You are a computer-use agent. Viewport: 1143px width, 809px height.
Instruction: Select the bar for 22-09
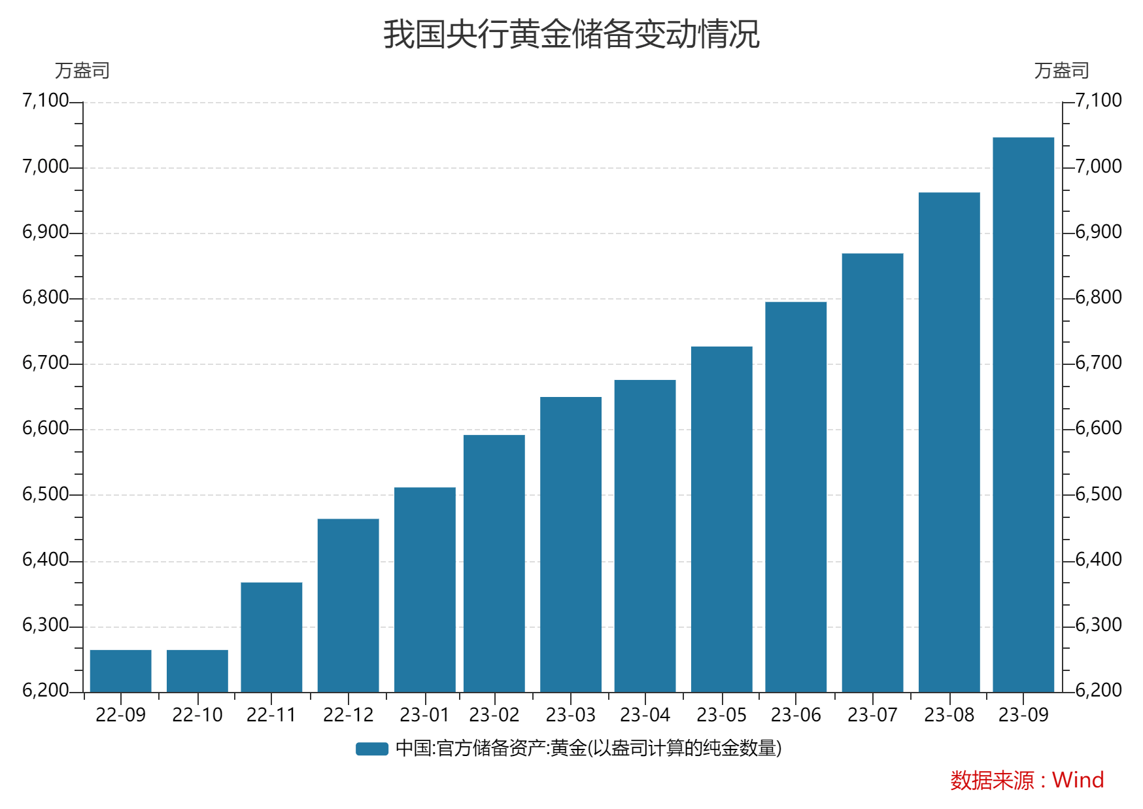point(121,671)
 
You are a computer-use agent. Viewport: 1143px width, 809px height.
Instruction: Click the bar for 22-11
point(271,637)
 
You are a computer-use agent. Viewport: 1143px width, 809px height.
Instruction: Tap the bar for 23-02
point(494,563)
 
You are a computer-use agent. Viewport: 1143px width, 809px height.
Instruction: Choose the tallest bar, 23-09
point(1023,415)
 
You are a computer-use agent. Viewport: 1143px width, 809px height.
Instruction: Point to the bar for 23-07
point(872,472)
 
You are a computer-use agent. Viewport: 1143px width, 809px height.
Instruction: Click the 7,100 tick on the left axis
point(45,101)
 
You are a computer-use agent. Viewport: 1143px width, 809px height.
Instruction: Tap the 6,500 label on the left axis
point(45,494)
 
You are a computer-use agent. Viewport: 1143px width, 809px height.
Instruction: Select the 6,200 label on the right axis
point(1099,690)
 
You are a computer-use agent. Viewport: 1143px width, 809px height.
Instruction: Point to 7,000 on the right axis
point(1099,166)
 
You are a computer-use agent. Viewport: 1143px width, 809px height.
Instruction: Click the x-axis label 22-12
point(348,715)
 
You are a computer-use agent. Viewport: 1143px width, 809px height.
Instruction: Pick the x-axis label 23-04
point(645,715)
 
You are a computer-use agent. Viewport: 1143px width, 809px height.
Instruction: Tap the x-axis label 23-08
point(949,715)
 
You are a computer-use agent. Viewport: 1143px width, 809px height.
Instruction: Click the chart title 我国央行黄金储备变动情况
point(571,34)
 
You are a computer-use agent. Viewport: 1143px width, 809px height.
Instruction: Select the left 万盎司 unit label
point(82,71)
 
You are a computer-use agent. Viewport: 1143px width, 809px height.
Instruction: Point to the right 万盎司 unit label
point(1061,71)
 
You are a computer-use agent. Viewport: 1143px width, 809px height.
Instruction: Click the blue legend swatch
point(372,749)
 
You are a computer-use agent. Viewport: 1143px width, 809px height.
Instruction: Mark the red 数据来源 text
point(992,780)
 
